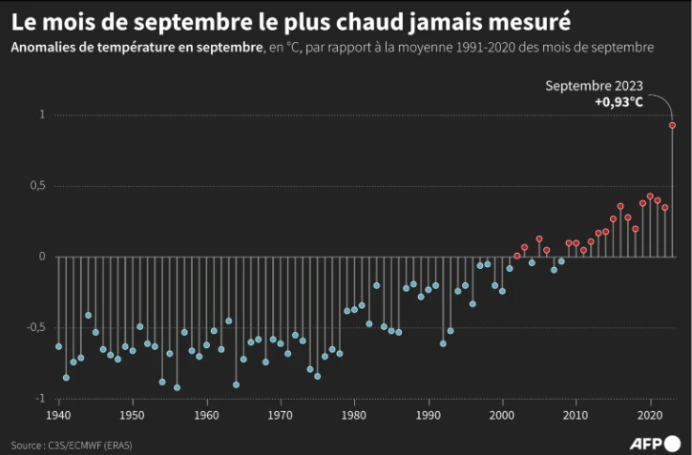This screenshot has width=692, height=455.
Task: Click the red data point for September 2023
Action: pyautogui.click(x=672, y=125)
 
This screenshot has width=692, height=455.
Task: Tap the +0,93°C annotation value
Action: pyautogui.click(x=618, y=101)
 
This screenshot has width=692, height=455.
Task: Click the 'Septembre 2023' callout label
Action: pyautogui.click(x=594, y=86)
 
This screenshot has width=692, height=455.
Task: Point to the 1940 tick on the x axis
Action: pyautogui.click(x=59, y=415)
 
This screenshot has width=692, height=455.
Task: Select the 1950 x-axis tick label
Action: pyautogui.click(x=133, y=415)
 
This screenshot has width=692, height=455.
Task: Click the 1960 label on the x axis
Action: pyautogui.click(x=206, y=415)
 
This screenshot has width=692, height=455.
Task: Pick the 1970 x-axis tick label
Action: pyautogui.click(x=281, y=415)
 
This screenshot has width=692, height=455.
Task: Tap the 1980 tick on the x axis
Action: pyautogui.click(x=354, y=415)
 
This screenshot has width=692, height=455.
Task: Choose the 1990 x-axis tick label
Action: pyautogui.click(x=429, y=415)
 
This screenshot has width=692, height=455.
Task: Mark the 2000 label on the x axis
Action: pyautogui.click(x=502, y=415)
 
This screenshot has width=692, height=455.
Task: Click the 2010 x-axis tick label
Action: pyautogui.click(x=576, y=415)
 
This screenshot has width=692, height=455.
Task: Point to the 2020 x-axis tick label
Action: pyautogui.click(x=650, y=415)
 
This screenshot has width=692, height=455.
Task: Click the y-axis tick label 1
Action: pyautogui.click(x=42, y=115)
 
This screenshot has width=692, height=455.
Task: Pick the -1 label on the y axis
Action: pyautogui.click(x=39, y=398)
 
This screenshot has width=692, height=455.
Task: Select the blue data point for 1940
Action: pyautogui.click(x=59, y=346)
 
